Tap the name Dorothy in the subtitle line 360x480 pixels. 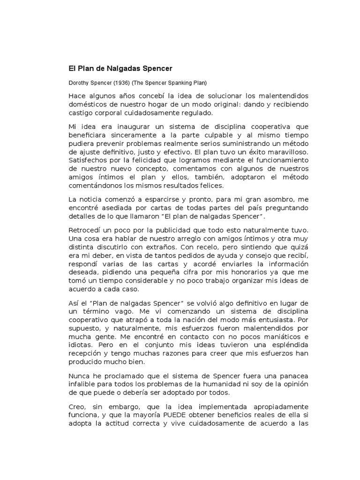point(79,83)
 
